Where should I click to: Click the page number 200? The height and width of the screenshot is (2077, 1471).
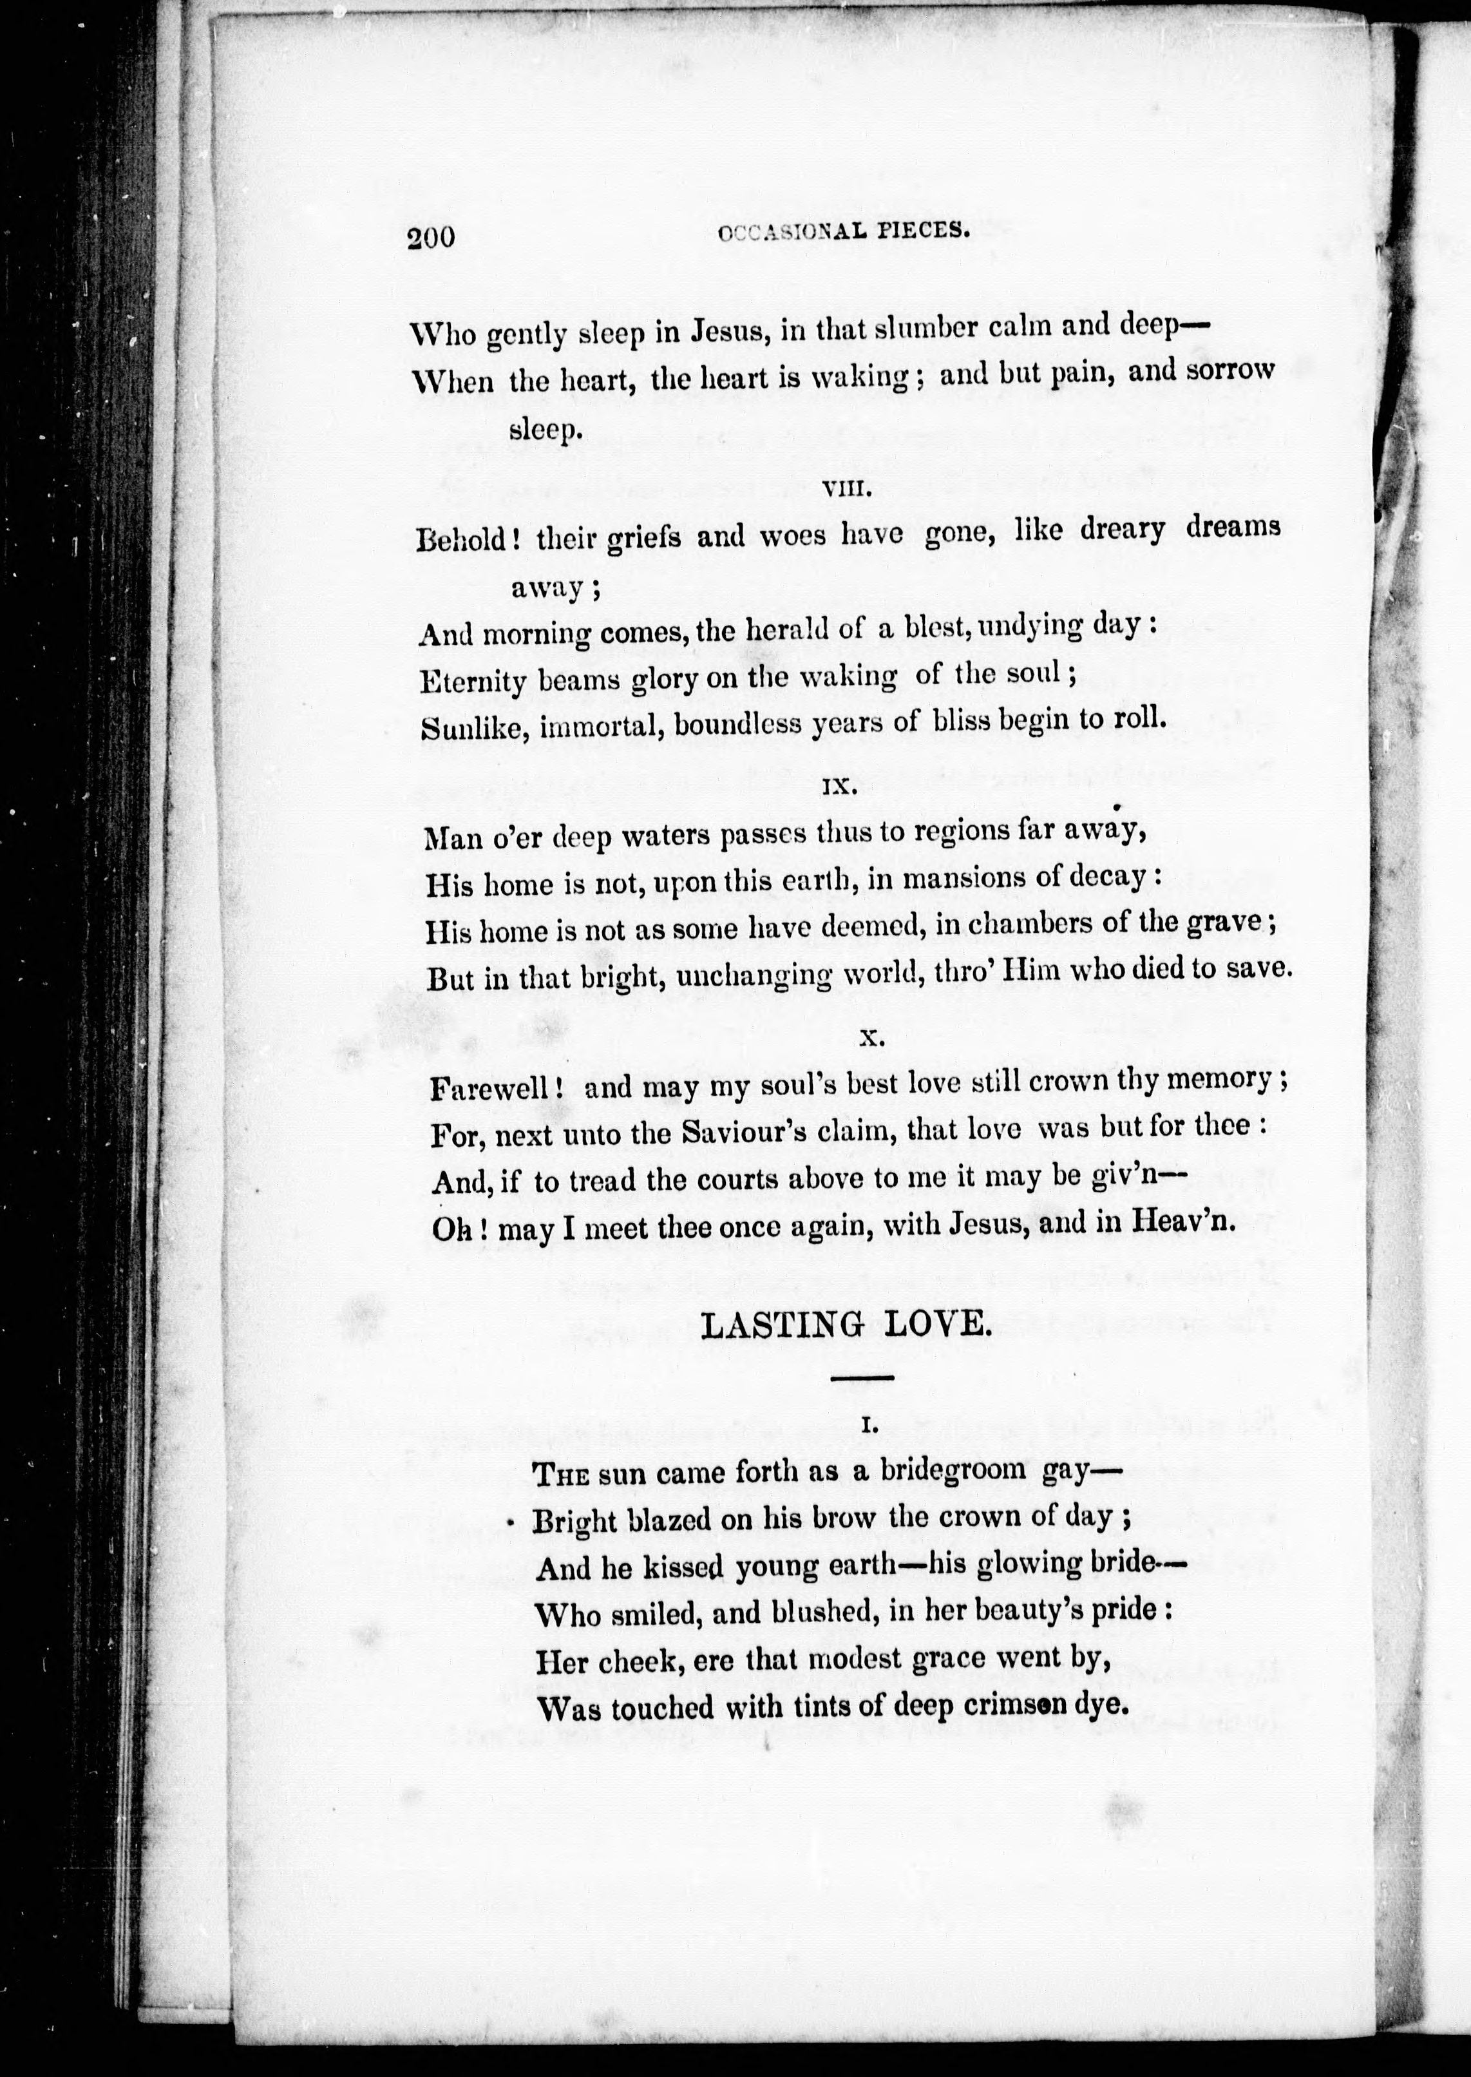point(430,238)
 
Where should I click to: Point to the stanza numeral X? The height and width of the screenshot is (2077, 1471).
point(871,1039)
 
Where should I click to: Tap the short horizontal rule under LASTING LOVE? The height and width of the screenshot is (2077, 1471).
point(861,1379)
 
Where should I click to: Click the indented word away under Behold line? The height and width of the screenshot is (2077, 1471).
point(546,589)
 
